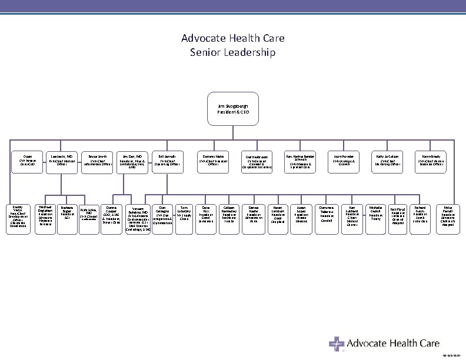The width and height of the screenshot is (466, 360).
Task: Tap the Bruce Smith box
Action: click(98, 159)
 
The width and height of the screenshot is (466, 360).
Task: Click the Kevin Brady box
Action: click(431, 159)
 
